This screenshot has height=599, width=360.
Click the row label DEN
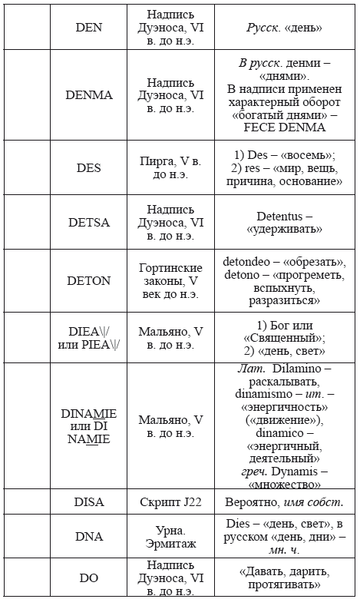click(x=94, y=27)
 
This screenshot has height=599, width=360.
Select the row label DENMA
click(x=94, y=94)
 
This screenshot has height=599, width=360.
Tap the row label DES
click(x=94, y=167)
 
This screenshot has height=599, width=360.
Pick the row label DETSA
click(x=94, y=223)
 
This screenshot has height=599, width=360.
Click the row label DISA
click(x=94, y=501)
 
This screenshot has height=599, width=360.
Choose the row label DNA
click(x=94, y=537)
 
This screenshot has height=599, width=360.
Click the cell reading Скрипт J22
click(x=176, y=501)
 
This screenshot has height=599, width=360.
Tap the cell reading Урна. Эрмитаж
click(x=176, y=537)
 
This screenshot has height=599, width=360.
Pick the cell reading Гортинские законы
click(x=176, y=280)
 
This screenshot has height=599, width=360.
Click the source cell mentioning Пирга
click(x=176, y=167)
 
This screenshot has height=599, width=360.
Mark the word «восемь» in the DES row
click(x=306, y=154)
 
